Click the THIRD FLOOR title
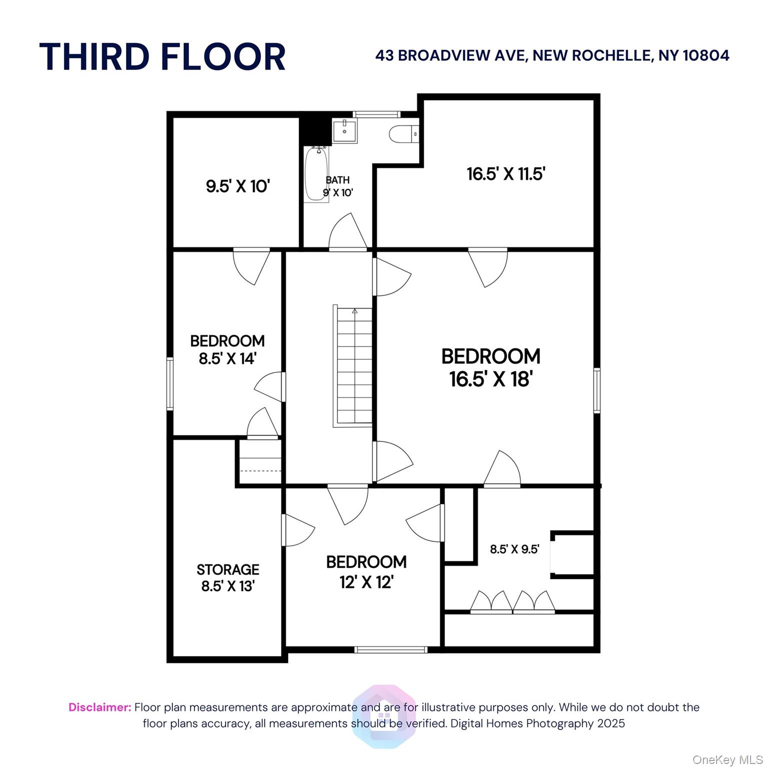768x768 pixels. pos(162,56)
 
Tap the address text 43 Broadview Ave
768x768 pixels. pos(451,55)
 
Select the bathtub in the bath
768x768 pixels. pos(316,173)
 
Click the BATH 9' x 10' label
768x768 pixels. pos(338,186)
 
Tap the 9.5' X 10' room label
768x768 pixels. pos(238,186)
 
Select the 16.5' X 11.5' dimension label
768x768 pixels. pos(505,174)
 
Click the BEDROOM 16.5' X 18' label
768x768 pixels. pos(490,367)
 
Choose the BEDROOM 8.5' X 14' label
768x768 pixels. pos(227,349)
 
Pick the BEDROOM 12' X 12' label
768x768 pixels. pos(366,571)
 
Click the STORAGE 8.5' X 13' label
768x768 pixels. pos(228,577)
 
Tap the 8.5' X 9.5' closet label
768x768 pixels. pos(514,549)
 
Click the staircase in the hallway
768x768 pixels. pos(353,366)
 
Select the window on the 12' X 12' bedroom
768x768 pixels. pos(391,649)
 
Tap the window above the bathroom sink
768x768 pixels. pos(377,114)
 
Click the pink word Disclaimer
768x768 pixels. pos(100,707)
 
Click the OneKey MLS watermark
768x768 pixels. pos(727,760)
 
